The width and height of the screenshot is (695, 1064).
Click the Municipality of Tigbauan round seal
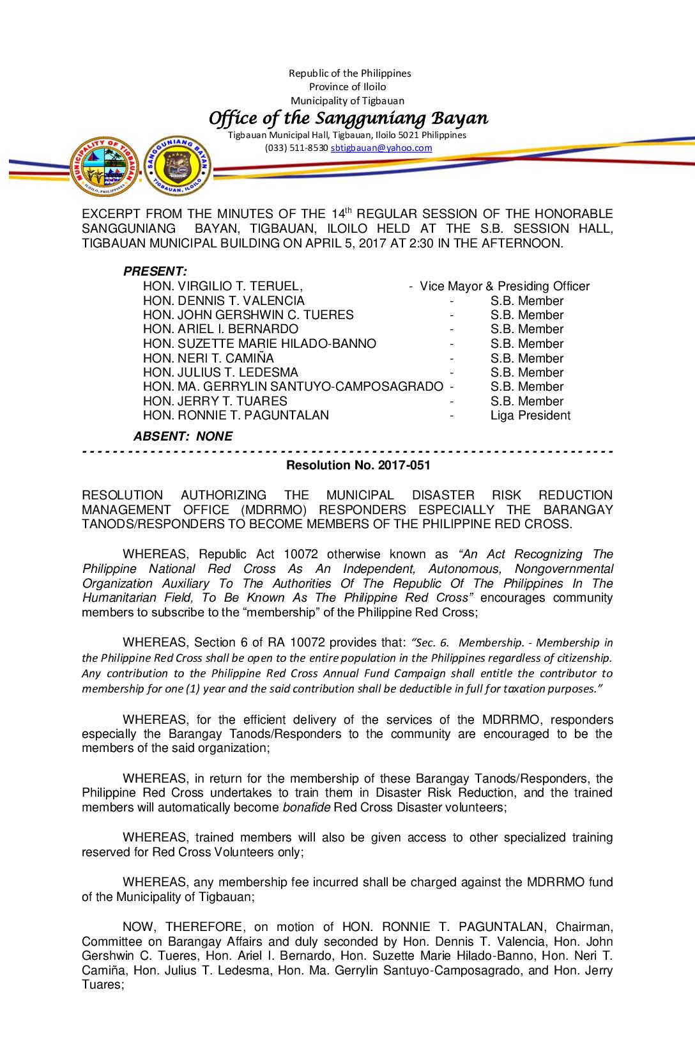[x=104, y=166]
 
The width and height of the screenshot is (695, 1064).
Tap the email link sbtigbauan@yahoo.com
[x=381, y=148]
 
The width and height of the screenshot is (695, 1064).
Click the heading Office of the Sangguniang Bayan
[x=348, y=118]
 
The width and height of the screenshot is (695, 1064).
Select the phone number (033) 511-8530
[x=296, y=148]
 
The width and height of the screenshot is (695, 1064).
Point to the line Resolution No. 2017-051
[x=358, y=465]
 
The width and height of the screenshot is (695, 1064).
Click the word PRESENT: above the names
[x=155, y=271]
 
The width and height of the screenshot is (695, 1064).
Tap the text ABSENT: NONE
[x=183, y=436]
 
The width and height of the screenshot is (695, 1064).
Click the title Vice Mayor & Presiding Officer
[x=505, y=286]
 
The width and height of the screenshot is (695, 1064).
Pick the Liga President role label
[x=530, y=416]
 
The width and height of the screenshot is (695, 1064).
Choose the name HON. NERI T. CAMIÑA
[x=208, y=358]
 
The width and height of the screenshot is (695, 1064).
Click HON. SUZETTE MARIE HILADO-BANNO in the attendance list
[x=259, y=343]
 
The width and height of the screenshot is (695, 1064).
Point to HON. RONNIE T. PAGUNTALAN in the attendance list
[x=236, y=416]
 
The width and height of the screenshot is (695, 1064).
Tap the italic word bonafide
[x=307, y=807]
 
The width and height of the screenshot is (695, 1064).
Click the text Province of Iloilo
[x=347, y=87]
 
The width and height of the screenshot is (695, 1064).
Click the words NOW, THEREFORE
[x=183, y=927]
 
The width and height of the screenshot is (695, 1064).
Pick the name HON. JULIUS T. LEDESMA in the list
[x=220, y=372]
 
